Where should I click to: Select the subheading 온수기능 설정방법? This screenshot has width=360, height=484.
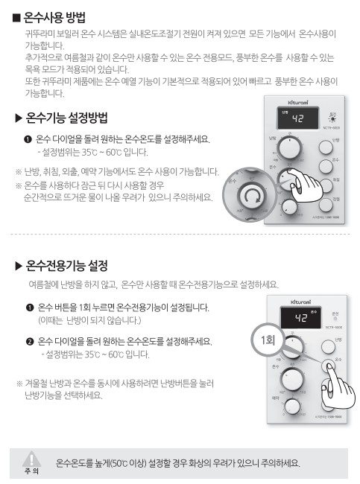coord(67,118)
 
